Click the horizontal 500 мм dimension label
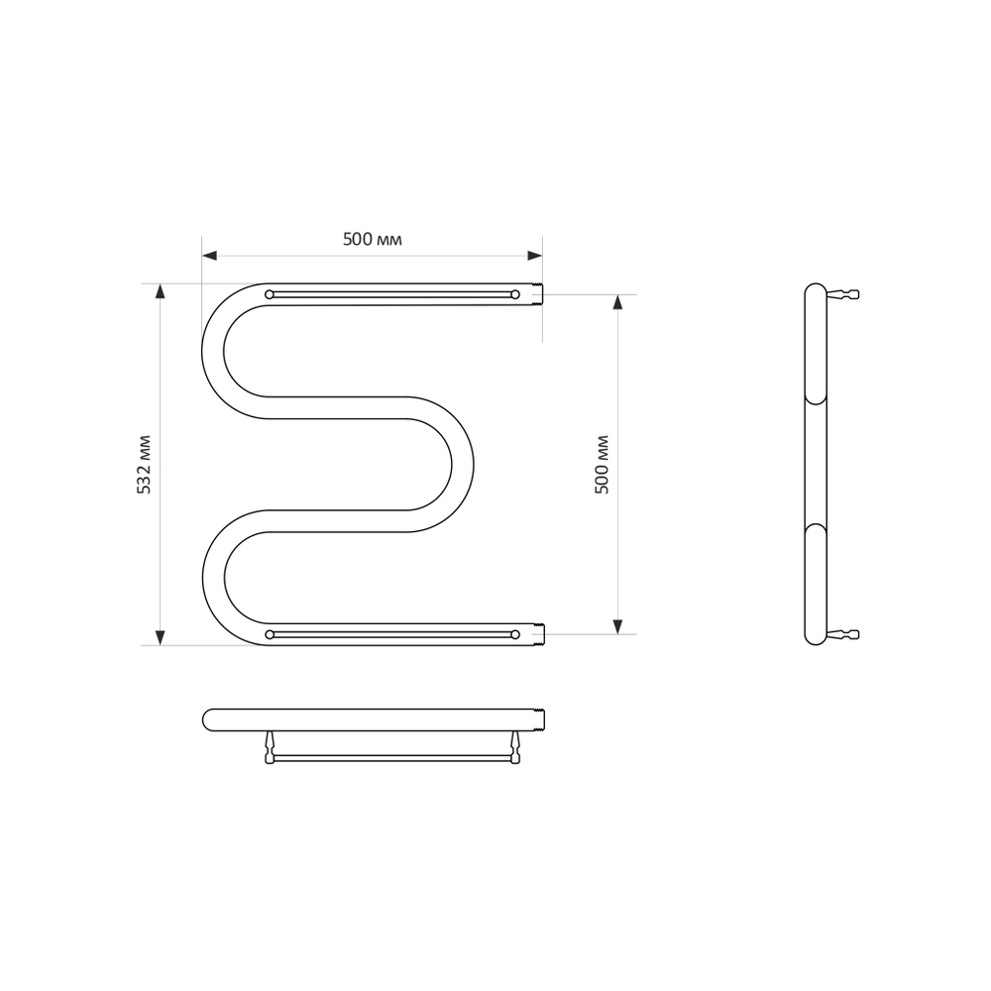(x=373, y=239)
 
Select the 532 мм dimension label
(x=145, y=464)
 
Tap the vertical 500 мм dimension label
(x=602, y=464)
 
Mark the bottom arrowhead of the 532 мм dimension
(x=160, y=637)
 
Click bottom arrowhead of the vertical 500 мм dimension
(x=617, y=626)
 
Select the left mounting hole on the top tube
(x=269, y=293)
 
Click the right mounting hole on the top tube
(x=515, y=293)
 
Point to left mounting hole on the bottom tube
(x=269, y=633)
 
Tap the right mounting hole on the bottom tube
(x=515, y=633)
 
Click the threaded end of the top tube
(x=538, y=293)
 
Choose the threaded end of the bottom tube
(x=538, y=633)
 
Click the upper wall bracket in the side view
(x=843, y=293)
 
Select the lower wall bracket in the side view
(x=843, y=634)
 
